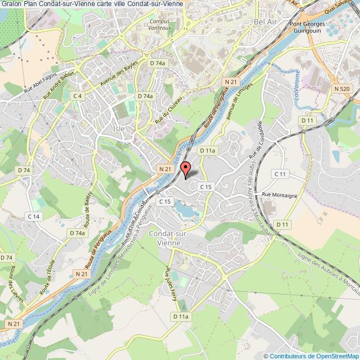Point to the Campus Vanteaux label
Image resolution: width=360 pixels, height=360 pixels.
coord(160,25)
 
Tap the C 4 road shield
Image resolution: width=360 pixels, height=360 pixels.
coord(77,96)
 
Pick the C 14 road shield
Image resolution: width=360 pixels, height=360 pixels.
coord(34,216)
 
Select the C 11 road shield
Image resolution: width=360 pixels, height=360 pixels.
coord(281,174)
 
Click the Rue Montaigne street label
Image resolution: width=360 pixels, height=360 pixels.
coord(280,196)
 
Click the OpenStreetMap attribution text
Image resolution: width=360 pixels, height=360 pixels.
coord(312,356)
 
